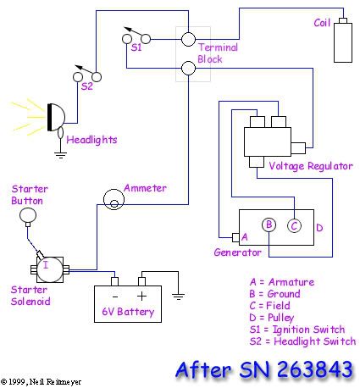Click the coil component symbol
[343, 42]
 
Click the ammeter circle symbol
[112, 199]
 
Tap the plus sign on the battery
[141, 296]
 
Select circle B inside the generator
[269, 224]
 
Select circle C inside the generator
[293, 224]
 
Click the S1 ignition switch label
[136, 49]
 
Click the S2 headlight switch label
[86, 86]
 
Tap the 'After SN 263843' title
[265, 369]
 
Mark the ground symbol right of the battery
[178, 297]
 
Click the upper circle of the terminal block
[188, 39]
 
